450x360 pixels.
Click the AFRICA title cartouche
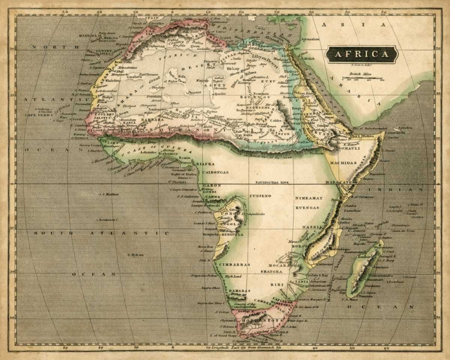click(362, 54)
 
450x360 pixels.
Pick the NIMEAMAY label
click(309, 198)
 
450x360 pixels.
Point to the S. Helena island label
click(135, 255)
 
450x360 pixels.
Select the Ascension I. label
click(108, 220)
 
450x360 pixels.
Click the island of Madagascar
click(364, 270)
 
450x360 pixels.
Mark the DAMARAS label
click(239, 291)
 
